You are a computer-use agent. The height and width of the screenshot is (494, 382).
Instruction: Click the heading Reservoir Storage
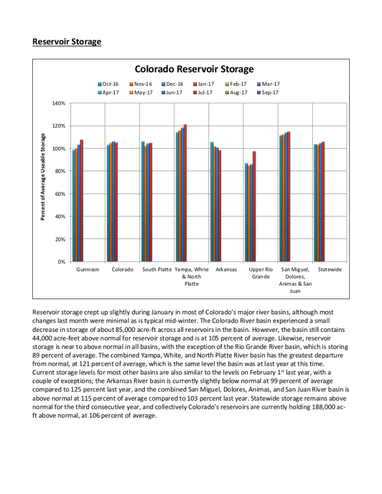pos(67,41)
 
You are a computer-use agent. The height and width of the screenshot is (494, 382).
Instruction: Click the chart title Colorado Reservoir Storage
pos(194,69)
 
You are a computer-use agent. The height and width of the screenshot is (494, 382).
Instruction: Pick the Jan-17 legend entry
pos(202,84)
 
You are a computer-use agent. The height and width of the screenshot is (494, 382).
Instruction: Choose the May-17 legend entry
pos(140,92)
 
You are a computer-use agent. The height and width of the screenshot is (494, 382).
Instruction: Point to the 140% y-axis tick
pos(59,103)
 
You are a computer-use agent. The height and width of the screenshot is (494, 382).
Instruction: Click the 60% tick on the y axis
pos(60,194)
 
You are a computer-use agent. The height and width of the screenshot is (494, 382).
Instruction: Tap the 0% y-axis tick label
pos(61,262)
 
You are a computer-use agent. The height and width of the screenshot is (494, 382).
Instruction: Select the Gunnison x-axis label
pos(88,270)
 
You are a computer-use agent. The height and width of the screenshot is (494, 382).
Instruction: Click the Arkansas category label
pos(226,270)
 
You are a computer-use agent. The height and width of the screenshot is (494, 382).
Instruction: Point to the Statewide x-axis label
pos(330,270)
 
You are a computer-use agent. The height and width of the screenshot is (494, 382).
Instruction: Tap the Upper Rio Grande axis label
pos(260,273)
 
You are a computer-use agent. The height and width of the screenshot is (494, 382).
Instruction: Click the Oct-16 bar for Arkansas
pos(212,202)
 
